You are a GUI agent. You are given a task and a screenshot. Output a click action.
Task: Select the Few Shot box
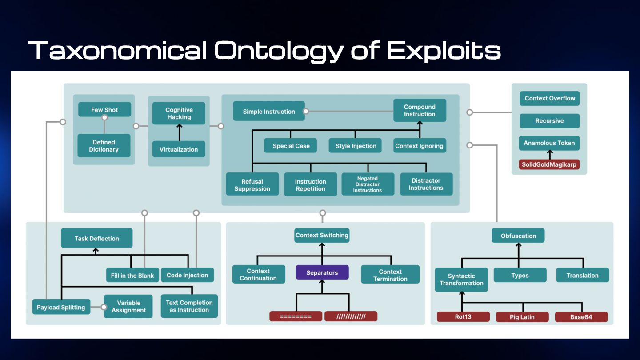tap(104, 110)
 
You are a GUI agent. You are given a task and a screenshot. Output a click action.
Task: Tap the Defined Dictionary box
tap(104, 146)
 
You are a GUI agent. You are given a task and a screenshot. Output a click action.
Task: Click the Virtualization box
tap(179, 149)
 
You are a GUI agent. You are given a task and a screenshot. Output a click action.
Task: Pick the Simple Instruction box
tap(269, 112)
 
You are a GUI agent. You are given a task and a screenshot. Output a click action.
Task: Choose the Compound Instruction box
tap(420, 110)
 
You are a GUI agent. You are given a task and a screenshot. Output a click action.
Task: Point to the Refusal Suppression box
tap(252, 185)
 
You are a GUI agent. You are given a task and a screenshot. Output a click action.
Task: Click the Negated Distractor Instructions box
tap(368, 184)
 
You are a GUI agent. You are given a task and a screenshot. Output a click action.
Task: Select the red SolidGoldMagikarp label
tap(549, 164)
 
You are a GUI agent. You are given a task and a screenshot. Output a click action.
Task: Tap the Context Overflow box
tap(550, 98)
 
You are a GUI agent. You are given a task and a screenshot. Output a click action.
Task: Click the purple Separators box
tap(322, 272)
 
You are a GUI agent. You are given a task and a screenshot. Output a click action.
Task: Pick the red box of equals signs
tap(296, 316)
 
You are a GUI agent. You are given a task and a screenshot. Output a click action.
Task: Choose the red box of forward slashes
tap(351, 316)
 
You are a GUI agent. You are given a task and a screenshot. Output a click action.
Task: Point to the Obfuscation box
tap(518, 236)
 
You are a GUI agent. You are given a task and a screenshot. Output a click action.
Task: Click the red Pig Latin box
tap(522, 317)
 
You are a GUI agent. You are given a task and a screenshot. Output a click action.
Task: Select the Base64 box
tap(581, 317)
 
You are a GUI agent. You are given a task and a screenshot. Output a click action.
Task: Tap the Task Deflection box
tap(96, 238)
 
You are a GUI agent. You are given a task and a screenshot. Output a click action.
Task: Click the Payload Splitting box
tap(61, 307)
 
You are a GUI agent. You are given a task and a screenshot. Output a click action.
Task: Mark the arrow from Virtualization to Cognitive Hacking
tap(179, 132)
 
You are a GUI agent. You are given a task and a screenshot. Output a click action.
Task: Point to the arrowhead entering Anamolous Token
tap(550, 152)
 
